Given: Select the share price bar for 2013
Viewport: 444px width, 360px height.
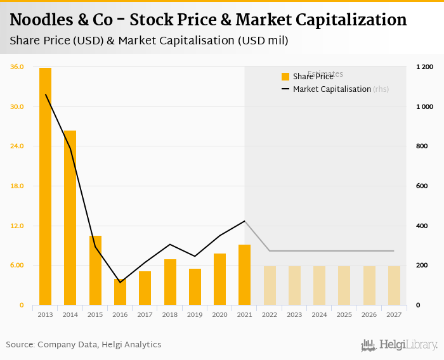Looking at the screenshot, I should click(45, 186).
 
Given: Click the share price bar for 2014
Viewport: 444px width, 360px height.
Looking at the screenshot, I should click(70, 218).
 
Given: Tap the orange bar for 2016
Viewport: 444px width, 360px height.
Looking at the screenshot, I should click(120, 292).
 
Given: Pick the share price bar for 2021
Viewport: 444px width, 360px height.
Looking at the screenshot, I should click(244, 275).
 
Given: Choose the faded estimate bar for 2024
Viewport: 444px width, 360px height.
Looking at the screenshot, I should click(319, 286).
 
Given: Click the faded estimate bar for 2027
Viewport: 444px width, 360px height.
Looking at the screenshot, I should click(394, 286).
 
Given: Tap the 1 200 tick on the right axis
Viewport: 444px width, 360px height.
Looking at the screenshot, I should click(424, 67).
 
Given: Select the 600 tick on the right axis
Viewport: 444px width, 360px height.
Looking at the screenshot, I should click(421, 186).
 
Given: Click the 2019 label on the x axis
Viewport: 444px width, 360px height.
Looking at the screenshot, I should click(195, 314).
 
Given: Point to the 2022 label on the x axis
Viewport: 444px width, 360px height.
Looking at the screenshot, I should click(270, 314).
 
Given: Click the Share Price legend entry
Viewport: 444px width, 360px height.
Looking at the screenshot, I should click(313, 77).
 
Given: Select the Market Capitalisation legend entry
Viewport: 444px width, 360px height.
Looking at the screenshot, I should click(332, 89).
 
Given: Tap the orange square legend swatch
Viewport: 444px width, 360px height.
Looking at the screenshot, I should click(285, 77).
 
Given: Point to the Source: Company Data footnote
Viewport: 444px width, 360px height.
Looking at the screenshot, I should click(84, 345).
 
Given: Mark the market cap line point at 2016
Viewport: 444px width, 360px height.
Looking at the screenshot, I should click(120, 282).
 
